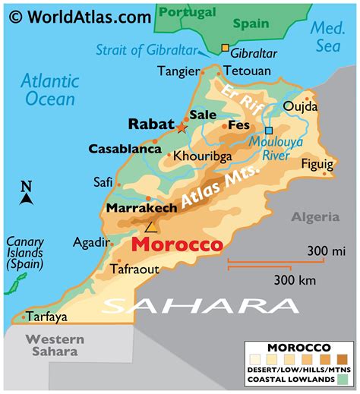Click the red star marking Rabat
182,128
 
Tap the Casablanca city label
120,149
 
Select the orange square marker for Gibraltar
224,49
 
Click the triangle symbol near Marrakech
150,226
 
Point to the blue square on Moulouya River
268,131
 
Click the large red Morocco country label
177,245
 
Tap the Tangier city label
177,71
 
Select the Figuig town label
317,164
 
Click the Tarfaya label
47,317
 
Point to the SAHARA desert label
201,305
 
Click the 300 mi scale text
327,251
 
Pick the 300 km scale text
295,279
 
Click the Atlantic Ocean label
49,89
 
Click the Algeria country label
315,217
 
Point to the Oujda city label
300,106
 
